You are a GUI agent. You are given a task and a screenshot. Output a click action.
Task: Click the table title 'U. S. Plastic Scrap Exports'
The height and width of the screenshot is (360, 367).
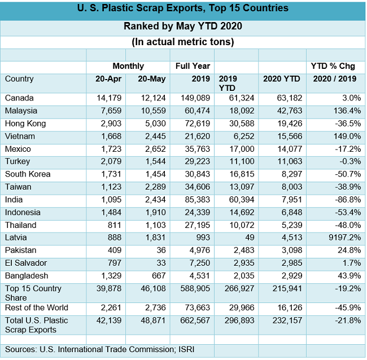point(182,8)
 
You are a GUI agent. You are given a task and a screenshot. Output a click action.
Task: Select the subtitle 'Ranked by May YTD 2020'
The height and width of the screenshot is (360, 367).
point(182,26)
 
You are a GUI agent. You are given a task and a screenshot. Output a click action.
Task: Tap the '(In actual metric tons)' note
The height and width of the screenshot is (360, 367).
point(182,42)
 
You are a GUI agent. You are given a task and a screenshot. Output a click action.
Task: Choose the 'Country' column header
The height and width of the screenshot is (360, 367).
point(19,79)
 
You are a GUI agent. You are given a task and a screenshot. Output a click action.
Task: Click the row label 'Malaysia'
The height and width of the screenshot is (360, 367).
point(21,111)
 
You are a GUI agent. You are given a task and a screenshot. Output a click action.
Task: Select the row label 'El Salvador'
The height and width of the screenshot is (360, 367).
point(25,263)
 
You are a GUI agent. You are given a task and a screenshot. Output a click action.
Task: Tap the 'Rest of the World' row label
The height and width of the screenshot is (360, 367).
point(36,308)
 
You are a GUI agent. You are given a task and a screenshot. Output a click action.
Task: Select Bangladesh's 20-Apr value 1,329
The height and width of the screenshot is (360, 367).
point(111,275)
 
